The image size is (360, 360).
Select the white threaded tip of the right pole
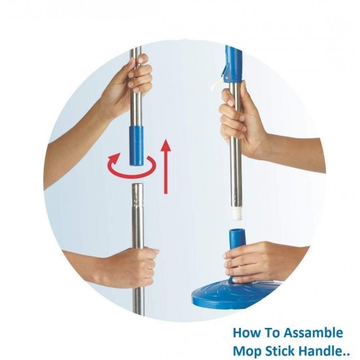[236, 212]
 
